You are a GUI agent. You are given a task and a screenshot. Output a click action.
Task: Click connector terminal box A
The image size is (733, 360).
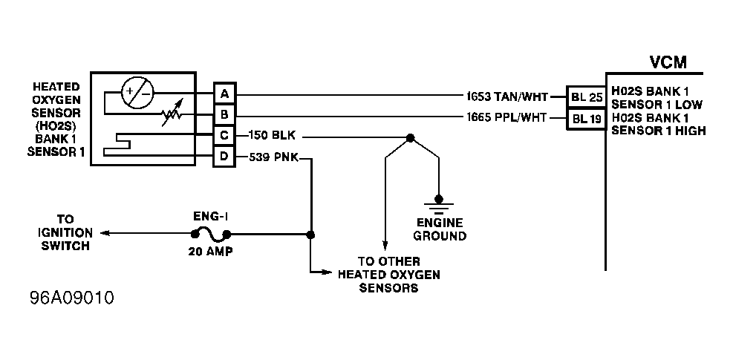click(224, 94)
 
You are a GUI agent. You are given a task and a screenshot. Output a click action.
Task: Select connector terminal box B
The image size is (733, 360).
click(224, 114)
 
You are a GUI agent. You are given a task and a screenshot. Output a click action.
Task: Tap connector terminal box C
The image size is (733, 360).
click(224, 136)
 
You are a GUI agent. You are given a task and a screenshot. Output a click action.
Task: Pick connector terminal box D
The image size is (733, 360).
click(224, 156)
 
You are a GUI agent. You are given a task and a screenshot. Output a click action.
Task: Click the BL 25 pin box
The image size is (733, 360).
click(587, 97)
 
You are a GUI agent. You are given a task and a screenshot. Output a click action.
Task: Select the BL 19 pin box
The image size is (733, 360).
click(587, 119)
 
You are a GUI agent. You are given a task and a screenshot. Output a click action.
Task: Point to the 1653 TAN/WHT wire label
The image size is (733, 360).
click(506, 96)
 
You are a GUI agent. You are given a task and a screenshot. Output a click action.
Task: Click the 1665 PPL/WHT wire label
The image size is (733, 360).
click(506, 117)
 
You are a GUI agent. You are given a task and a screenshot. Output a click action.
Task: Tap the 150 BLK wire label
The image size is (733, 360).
click(276, 136)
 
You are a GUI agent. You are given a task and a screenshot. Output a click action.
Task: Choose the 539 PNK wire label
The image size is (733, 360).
click(273, 157)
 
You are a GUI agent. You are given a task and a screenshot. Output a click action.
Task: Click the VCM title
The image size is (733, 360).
click(668, 62)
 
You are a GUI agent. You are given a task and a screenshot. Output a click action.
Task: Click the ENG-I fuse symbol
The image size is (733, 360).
click(211, 233)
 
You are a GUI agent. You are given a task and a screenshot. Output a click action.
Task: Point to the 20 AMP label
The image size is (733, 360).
click(210, 252)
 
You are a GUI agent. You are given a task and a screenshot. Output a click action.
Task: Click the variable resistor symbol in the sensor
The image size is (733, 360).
click(172, 113)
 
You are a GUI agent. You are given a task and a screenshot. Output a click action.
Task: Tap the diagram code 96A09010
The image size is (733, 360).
click(71, 298)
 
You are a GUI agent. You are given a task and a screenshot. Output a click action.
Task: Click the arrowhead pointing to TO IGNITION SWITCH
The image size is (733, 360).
click(105, 233)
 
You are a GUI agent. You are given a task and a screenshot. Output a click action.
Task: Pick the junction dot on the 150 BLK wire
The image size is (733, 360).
click(410, 138)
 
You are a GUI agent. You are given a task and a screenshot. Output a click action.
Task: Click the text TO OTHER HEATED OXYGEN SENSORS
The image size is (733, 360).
click(389, 275)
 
